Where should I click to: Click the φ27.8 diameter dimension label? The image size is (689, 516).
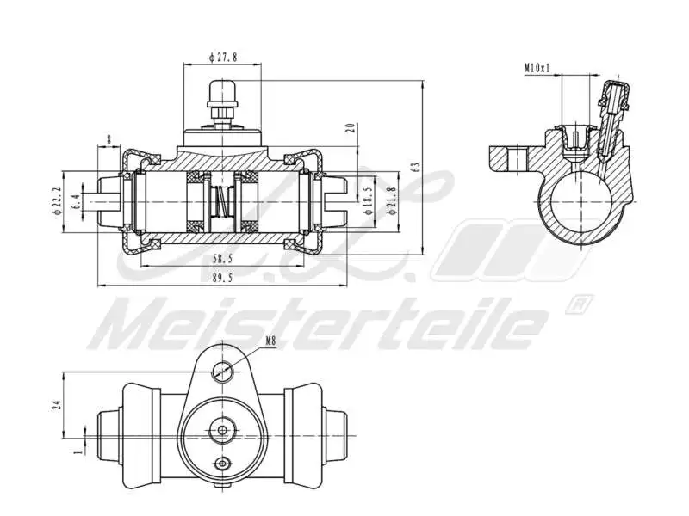pos(222,57)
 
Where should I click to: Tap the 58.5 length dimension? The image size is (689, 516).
pos(223,258)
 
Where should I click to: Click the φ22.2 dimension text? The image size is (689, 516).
pos(58,200)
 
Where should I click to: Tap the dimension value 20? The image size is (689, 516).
pos(350,128)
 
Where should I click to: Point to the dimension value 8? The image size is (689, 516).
pos(109,139)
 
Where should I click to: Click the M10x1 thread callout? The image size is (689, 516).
pos(537,67)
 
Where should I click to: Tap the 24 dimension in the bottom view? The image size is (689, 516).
pos(54,405)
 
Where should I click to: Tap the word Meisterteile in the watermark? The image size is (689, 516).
pos(319,325)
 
